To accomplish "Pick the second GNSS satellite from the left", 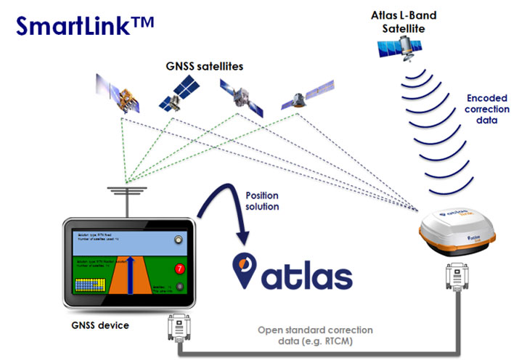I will coord(178,95).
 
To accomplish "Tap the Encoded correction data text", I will coord(482,109).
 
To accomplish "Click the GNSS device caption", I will coord(102,324).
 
